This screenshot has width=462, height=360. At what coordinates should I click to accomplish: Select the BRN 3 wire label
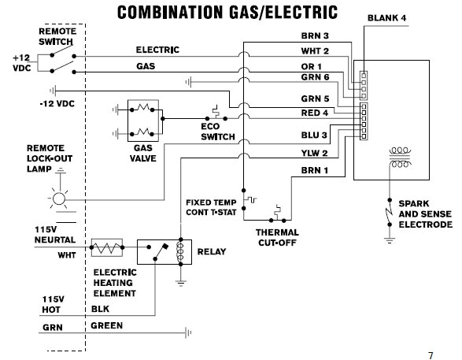(x=315, y=36)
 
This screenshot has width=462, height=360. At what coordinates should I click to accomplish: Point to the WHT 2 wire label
(x=315, y=51)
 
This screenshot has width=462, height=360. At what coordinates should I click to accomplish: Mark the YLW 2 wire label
(x=315, y=153)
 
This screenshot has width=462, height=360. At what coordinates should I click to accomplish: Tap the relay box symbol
(x=164, y=252)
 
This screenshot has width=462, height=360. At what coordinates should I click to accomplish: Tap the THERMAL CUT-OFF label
(x=276, y=237)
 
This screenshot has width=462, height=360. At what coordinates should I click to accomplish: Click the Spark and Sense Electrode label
(x=425, y=213)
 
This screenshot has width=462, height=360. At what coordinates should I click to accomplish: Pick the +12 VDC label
(x=20, y=64)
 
